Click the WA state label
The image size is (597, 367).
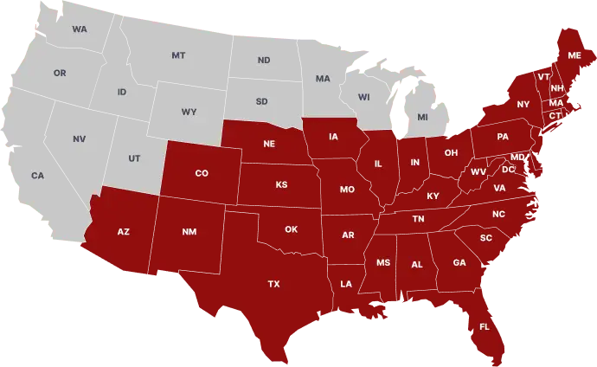[80, 29]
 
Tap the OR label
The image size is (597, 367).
[60, 74]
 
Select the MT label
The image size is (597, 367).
[178, 55]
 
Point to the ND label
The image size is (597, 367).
[264, 61]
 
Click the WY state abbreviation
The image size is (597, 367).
[189, 113]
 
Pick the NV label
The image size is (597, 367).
[80, 139]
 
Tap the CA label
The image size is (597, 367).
[37, 176]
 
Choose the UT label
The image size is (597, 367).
[134, 158]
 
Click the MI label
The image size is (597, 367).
[422, 117]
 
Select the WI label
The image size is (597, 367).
[363, 97]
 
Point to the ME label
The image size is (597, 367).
[575, 55]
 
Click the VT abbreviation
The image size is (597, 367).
[543, 77]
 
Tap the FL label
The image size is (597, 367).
[485, 326]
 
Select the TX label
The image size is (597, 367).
[273, 284]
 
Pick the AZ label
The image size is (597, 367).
[124, 232]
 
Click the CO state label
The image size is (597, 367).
[202, 173]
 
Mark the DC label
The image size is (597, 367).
[508, 170]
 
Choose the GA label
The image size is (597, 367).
[459, 262]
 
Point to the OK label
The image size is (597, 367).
[291, 229]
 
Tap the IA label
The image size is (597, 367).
[333, 137]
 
